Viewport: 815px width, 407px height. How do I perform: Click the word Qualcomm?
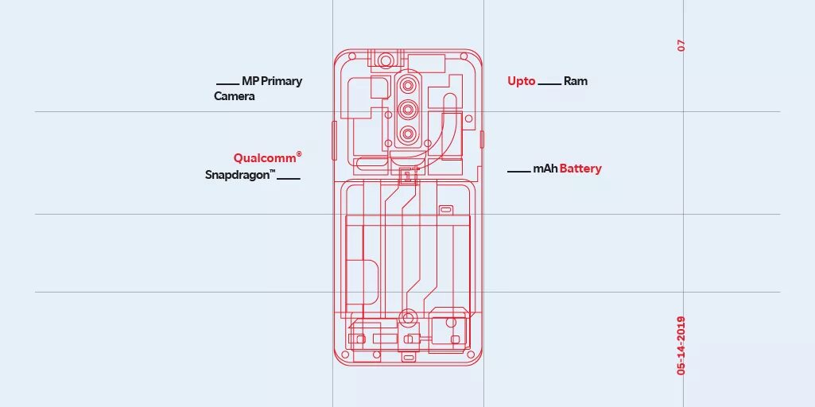[264, 158]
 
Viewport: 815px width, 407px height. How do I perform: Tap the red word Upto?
[522, 81]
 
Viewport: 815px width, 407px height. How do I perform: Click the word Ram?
[576, 81]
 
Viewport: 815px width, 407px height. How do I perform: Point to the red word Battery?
[580, 169]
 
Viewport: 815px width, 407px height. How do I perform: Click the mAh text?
[545, 169]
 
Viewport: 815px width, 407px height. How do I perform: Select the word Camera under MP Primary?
[235, 96]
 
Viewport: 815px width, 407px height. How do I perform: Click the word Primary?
[281, 81]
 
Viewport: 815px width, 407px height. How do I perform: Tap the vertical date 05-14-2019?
[681, 346]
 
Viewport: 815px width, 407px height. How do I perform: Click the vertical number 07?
[681, 46]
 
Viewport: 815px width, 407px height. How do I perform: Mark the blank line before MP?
[228, 84]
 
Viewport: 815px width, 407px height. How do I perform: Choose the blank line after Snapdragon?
[289, 178]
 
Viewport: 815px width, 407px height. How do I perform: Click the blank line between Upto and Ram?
[549, 84]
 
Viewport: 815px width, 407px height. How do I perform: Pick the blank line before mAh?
[519, 172]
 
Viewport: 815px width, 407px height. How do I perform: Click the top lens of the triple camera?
[408, 85]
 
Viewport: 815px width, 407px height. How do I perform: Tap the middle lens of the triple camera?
[408, 109]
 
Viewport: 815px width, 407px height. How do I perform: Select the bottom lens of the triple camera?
[408, 134]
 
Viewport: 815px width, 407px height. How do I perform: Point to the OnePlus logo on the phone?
[407, 176]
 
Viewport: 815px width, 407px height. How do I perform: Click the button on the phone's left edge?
[334, 139]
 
